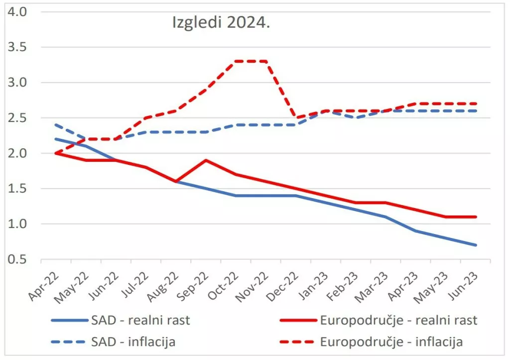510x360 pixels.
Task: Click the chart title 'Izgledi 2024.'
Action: point(221,23)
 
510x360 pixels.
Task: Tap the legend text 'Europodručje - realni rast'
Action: point(399,320)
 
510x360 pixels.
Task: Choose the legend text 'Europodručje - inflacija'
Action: point(392,342)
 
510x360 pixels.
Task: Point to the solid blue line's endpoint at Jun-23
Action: point(476,245)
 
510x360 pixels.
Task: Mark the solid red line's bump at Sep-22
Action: point(206,160)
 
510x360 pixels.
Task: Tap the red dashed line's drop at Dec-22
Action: point(296,118)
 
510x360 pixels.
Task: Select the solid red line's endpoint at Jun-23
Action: point(476,217)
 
